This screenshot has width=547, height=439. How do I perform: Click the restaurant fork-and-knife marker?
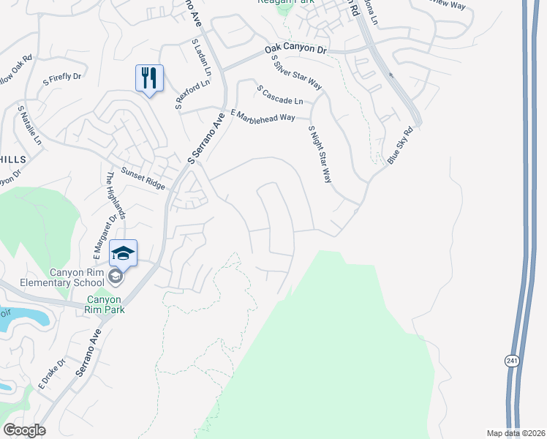coord(149,78)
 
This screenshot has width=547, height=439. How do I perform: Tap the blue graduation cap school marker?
coord(124,253)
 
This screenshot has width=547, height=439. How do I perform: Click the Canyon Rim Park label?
coord(106,304)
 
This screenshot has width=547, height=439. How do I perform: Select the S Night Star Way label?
coord(320,154)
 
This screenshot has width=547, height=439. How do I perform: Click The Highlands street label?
coord(116,195)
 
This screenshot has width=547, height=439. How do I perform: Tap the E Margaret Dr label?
coord(105,236)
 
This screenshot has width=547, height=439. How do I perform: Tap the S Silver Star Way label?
coord(296,71)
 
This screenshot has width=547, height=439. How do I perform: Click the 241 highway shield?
coord(510,361)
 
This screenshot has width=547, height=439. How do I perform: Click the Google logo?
coord(24,430)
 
